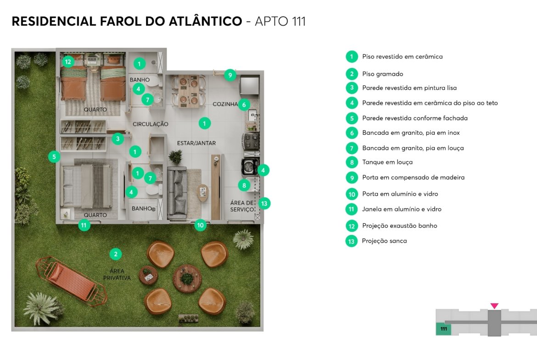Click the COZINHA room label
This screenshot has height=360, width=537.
[225, 104]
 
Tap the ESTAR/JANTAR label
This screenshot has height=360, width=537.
[196, 143]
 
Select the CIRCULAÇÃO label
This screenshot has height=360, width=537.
[151, 124]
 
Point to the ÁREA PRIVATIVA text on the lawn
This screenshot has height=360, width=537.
[117, 274]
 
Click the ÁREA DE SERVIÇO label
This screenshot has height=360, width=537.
[242, 206]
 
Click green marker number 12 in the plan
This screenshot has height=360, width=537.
[68, 61]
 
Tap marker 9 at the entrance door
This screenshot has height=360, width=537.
[230, 75]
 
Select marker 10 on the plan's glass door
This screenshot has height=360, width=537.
[201, 225]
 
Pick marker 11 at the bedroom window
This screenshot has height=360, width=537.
[84, 225]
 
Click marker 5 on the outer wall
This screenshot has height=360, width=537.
[54, 157]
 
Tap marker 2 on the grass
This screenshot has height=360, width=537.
[116, 254]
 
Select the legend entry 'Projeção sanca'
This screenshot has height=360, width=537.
[385, 241]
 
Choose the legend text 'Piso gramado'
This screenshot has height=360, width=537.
[382, 74]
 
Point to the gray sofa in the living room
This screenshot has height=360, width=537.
[177, 193]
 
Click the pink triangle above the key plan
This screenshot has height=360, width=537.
[494, 305]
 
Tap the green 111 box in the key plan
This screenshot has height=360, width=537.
[443, 328]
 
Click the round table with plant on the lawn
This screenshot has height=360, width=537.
[187, 278]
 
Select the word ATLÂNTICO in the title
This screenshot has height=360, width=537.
[206, 21]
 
